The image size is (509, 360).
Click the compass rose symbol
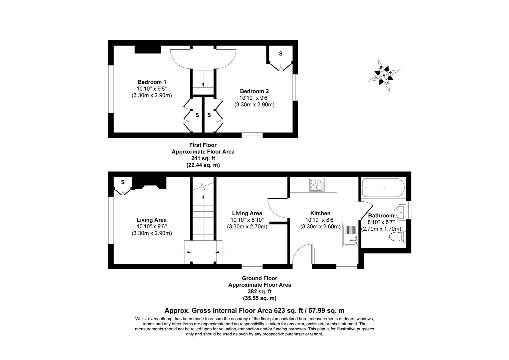coord(384,75)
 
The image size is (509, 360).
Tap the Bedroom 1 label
coord(152,82)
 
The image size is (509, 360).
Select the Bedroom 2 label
coord(254,91)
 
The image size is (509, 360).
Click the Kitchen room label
coord(320,213)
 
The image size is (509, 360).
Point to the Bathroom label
coord(381,216)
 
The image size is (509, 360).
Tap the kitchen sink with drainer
coord(350,235)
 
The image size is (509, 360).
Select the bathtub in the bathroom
coord(383,188)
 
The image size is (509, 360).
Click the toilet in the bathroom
coord(397,237)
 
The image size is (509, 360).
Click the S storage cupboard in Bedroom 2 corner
coord(280,54)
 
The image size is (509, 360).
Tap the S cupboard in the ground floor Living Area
coord(123,182)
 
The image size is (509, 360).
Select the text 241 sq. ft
coord(203,158)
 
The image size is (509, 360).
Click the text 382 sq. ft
coord(259,292)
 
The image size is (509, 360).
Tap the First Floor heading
coord(203,145)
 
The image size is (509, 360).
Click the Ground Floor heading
coord(259,278)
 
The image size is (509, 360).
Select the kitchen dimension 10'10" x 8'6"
coord(320,220)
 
